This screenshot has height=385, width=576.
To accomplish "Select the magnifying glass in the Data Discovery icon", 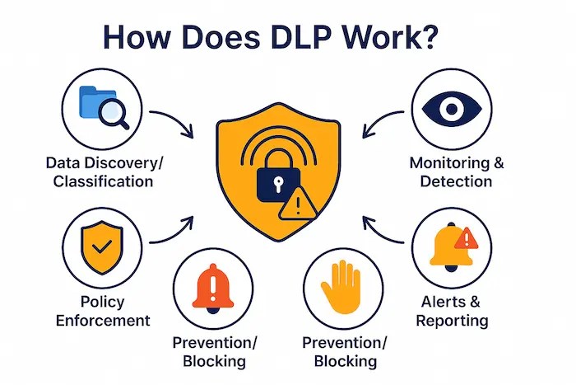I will [113, 111].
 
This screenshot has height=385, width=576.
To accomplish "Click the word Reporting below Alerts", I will [452, 320].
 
